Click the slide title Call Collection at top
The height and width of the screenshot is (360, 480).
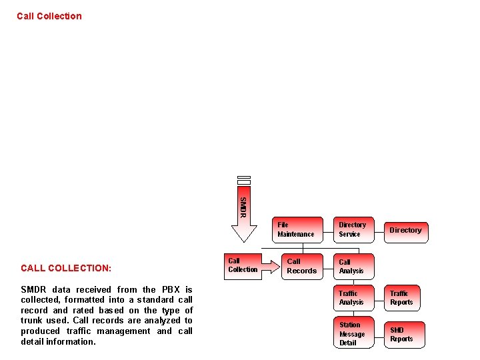49,16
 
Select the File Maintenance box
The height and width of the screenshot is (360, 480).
295,229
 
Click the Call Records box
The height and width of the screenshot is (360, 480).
301,266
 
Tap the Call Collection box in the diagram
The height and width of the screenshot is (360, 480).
242,265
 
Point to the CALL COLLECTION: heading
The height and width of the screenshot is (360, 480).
66,268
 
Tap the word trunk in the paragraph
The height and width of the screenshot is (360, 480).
32,321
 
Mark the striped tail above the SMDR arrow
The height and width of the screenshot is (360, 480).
244,181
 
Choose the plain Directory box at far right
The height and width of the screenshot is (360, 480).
405,230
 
